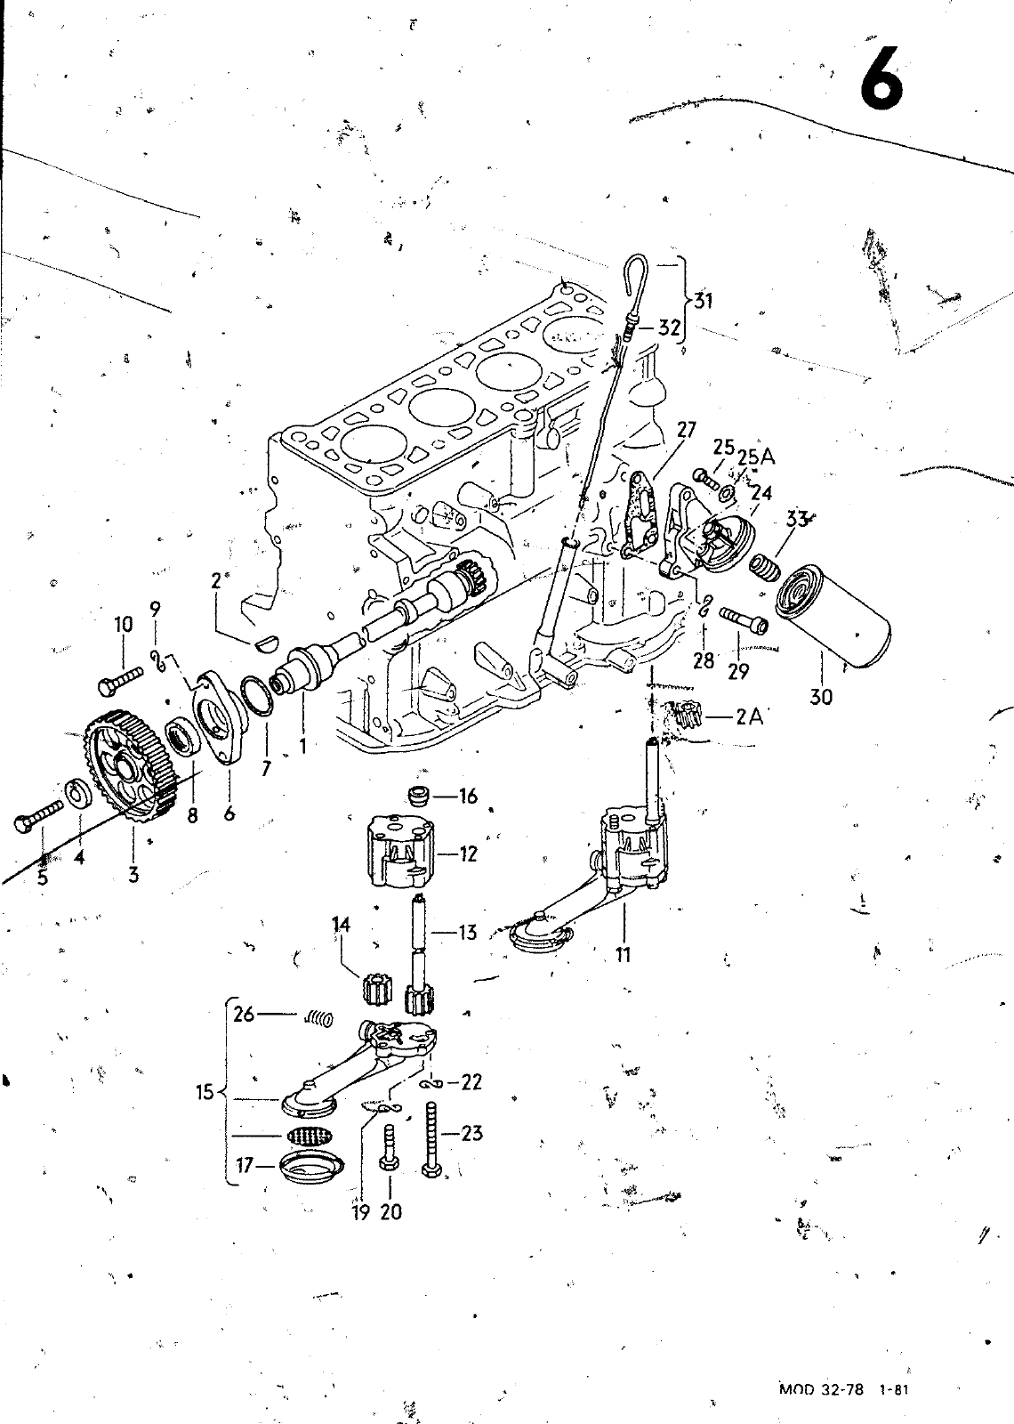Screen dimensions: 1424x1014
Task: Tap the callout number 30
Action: [821, 697]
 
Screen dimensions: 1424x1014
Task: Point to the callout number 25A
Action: [756, 457]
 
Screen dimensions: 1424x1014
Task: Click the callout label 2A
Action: [750, 716]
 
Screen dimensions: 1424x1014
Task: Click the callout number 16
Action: [468, 796]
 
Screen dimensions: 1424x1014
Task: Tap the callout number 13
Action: [468, 933]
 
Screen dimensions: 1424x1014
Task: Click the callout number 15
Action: [205, 1091]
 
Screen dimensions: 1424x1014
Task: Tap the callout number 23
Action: [472, 1133]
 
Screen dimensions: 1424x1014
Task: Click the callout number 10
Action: [123, 625]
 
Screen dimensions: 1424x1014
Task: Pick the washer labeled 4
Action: [77, 792]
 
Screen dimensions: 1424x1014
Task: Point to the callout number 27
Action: [686, 431]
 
